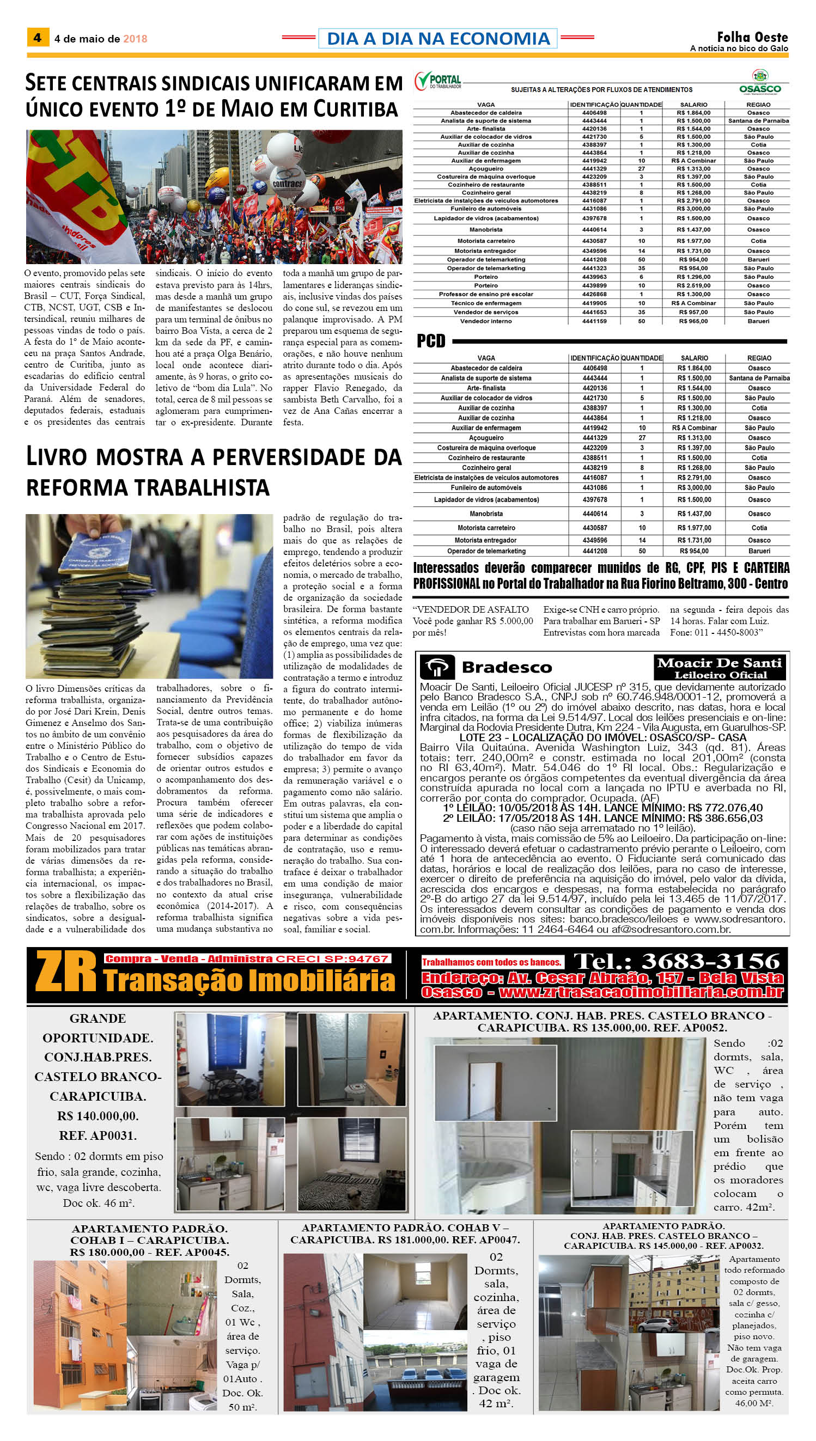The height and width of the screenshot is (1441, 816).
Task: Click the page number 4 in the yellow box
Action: pos(38,38)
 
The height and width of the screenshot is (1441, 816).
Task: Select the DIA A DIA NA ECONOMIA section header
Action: pos(438,39)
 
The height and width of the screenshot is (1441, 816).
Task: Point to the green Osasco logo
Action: pos(759,82)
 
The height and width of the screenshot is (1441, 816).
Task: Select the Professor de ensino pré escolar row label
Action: pos(486,294)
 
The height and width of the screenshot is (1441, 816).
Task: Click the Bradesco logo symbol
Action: pos(438,667)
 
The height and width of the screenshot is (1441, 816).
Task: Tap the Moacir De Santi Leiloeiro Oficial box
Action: pos(720,668)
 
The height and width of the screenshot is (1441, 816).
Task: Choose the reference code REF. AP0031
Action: pos(98,1135)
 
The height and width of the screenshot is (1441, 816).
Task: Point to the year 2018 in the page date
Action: pos(135,39)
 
